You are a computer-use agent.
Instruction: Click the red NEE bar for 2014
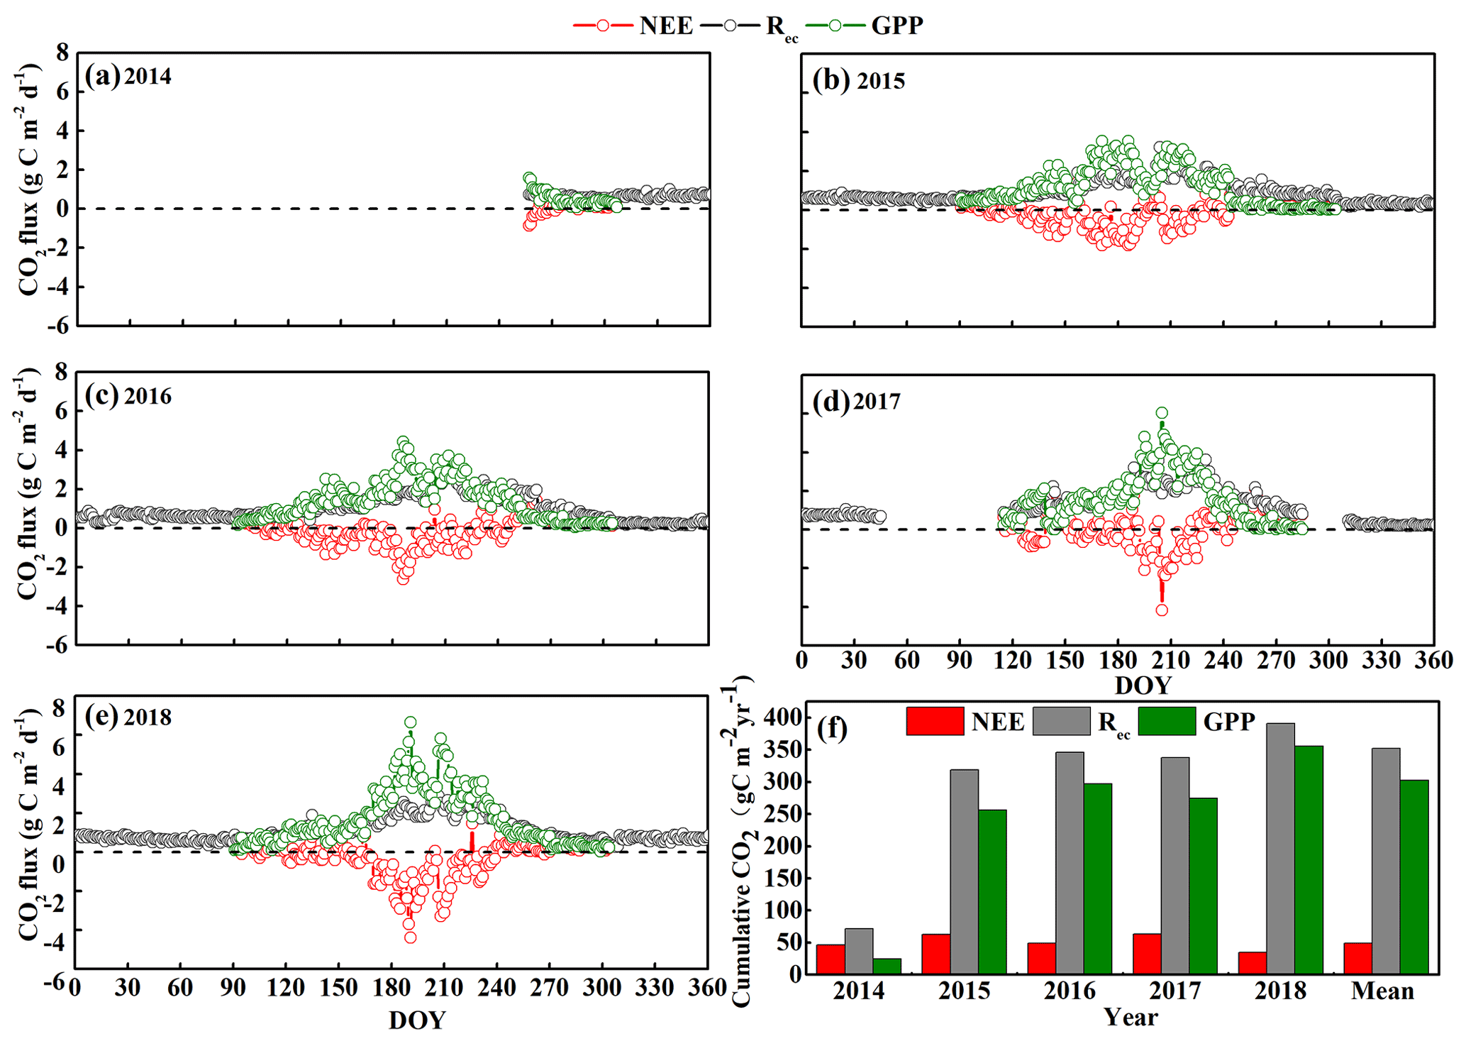[x=831, y=959]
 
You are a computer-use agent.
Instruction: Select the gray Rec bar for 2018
[x=1280, y=848]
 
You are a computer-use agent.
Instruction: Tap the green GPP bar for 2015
[x=992, y=891]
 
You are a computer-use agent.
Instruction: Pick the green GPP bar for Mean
[x=1414, y=876]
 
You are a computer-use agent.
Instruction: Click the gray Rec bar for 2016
[x=1070, y=862]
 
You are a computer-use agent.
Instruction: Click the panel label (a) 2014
[x=128, y=75]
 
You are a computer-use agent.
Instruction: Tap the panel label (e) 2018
[x=128, y=717]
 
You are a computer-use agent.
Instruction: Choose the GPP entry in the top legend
[x=896, y=26]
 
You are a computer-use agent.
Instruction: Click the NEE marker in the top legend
[x=602, y=26]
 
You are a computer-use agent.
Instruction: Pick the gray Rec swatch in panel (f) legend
[x=1061, y=721]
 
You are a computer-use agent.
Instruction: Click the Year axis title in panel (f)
[x=1131, y=1018]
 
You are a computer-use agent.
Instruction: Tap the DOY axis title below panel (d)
[x=1143, y=686]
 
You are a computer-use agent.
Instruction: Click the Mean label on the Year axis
[x=1382, y=991]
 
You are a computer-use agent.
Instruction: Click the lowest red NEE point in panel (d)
[x=1162, y=610]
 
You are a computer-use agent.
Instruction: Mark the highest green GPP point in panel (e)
[x=410, y=722]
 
